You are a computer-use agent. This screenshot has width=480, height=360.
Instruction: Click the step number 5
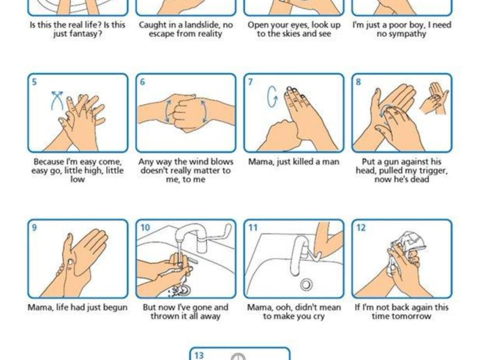click(34, 82)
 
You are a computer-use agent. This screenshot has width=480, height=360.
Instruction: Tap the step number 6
click(142, 82)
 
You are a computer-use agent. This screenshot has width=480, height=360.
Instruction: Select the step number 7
click(250, 82)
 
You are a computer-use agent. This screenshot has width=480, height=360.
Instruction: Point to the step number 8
click(358, 82)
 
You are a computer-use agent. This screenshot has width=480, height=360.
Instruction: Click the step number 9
click(34, 227)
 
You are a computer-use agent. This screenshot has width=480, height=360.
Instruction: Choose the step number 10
click(145, 227)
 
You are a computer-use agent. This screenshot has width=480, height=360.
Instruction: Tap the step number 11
click(253, 227)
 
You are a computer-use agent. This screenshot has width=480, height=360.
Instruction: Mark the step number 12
click(361, 227)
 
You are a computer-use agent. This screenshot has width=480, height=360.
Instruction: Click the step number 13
click(199, 355)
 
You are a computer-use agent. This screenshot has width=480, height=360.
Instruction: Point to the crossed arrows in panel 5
click(57, 100)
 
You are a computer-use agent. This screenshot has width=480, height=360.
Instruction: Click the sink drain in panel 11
click(306, 284)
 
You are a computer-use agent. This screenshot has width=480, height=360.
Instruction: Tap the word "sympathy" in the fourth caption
click(407, 34)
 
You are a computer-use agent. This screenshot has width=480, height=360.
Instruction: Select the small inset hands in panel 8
click(434, 98)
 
